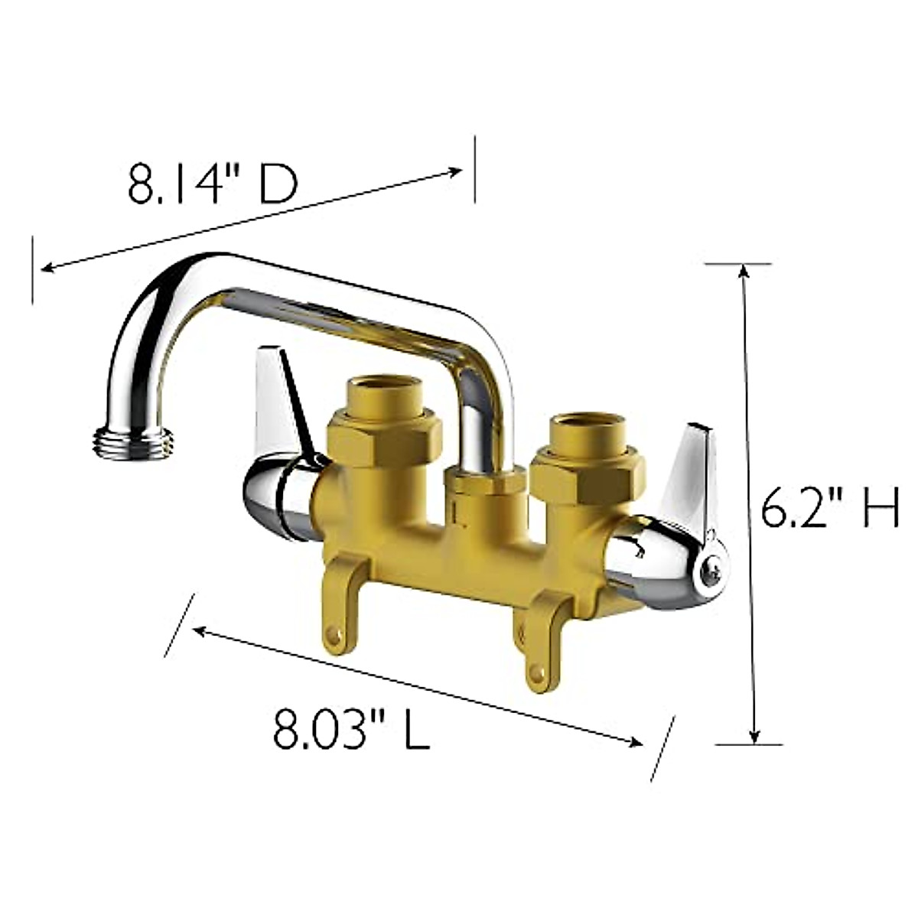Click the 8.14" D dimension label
pyautogui.click(x=212, y=184)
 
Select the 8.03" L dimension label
pyautogui.click(x=351, y=730)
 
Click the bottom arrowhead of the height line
pyautogui.click(x=754, y=736)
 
